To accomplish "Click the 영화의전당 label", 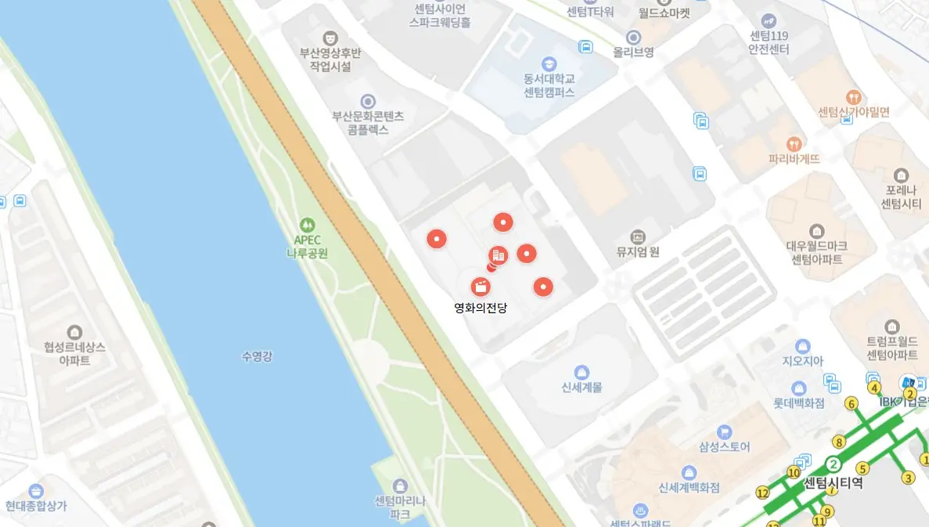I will point(481,308).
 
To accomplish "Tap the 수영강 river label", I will point(257,357).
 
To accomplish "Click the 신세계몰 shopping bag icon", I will point(582,372).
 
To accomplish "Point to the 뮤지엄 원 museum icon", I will point(638,236).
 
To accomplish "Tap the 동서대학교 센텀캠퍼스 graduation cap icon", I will point(549,63).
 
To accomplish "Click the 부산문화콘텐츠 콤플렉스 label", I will point(368,123).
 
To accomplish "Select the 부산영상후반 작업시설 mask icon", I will point(330,37).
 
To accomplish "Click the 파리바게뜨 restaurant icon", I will point(794,144).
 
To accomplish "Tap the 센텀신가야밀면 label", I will point(853,112).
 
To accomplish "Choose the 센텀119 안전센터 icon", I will point(769,20).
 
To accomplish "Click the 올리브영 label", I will point(634,52).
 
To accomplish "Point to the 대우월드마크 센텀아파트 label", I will point(817,252).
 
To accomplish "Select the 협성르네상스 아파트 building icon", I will point(74,333).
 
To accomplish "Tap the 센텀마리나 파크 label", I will point(400,507).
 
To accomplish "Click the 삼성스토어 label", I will point(724,446).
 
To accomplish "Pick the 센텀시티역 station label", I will point(833,483).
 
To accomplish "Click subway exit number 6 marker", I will point(852,404).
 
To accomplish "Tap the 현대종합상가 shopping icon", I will point(36,491).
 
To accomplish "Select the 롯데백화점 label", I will point(798,403).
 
